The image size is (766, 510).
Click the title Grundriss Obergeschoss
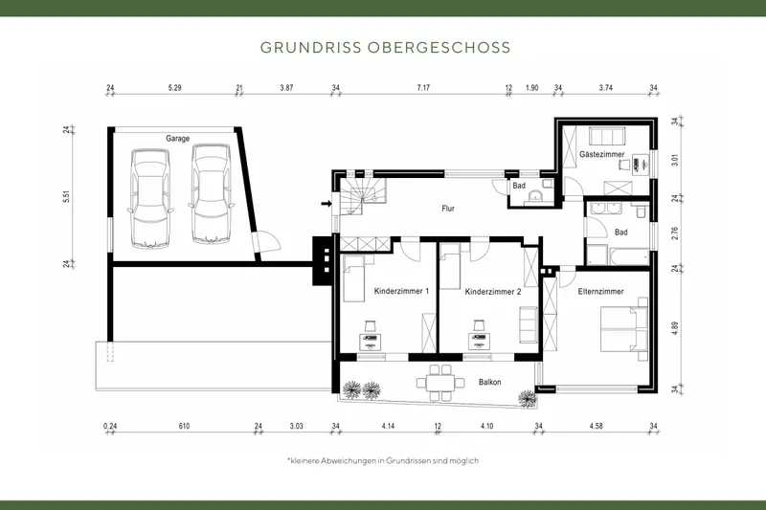click(384, 47)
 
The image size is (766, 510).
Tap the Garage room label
click(177, 139)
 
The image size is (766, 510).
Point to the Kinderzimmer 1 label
click(401, 291)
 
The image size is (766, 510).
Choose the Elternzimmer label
click(601, 291)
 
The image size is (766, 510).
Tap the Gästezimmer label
click(602, 154)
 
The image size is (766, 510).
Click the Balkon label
click(490, 383)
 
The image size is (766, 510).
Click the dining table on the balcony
click(440, 381)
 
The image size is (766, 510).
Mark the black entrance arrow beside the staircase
click(327, 203)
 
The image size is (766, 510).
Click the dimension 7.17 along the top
click(422, 88)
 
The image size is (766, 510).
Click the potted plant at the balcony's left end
click(352, 388)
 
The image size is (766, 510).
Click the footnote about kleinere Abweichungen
click(383, 461)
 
